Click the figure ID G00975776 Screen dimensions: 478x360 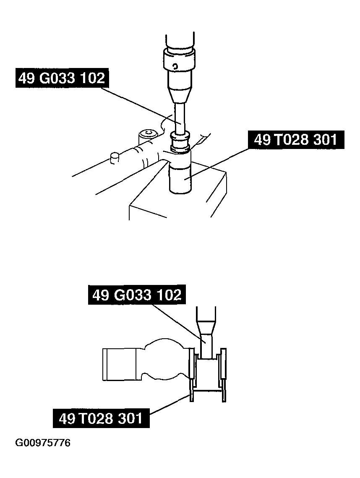[x=43, y=443]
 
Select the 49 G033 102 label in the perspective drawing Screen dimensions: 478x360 [x=61, y=78]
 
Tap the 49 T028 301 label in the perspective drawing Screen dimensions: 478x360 [x=296, y=139]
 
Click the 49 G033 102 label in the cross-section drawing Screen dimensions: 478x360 [x=137, y=295]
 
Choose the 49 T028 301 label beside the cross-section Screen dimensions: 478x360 [x=101, y=418]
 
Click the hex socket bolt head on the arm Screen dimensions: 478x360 [x=148, y=134]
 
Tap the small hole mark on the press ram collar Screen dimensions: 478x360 [x=177, y=65]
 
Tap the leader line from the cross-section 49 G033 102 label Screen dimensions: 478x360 [x=176, y=321]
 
